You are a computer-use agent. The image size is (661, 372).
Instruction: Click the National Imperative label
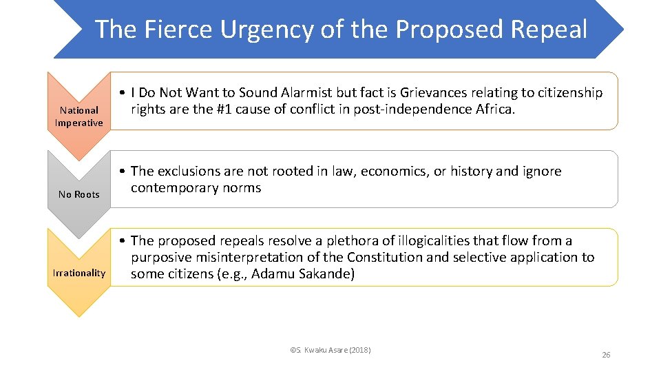(x=79, y=116)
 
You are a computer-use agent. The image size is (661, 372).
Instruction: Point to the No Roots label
(x=79, y=194)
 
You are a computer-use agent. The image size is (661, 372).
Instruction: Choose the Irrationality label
(x=79, y=273)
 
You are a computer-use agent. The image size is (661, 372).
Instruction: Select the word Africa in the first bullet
(x=494, y=110)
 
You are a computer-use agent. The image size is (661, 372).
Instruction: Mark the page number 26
(x=606, y=355)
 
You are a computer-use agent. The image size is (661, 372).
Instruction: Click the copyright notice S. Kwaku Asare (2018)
(x=330, y=351)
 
